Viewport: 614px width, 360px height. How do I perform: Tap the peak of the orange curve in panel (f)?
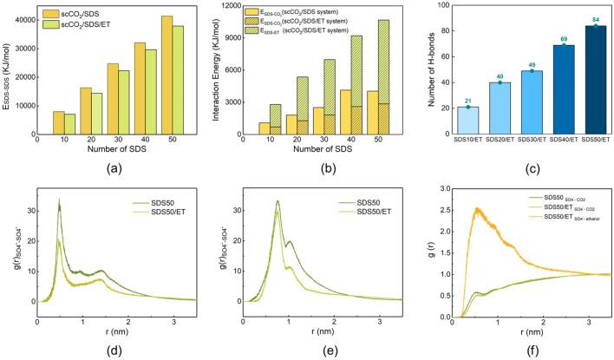click(x=474, y=208)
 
